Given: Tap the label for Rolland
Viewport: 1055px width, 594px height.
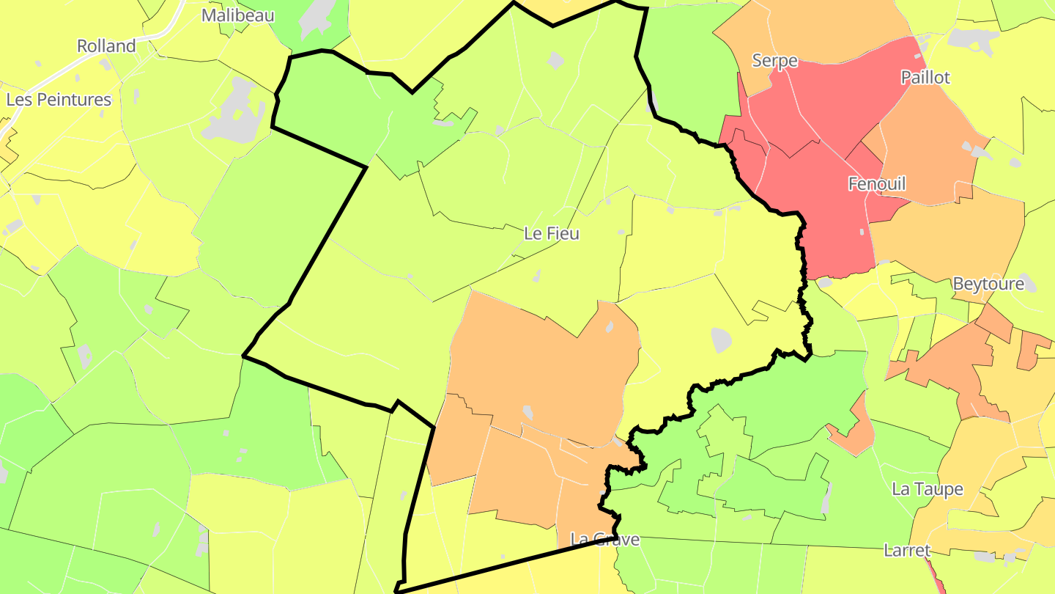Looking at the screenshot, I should coord(107,46).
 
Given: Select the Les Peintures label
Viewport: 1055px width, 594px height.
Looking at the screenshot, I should coord(59,100).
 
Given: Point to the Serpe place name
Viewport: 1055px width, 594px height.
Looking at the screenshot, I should coord(774,61).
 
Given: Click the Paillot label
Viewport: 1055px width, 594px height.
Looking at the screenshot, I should coord(925,78).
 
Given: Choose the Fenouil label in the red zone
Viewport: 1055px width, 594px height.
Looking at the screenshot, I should coord(876,183).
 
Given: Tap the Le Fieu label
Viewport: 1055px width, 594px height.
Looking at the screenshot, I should coord(552,234).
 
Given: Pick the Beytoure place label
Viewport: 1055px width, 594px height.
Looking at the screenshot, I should coord(988,284).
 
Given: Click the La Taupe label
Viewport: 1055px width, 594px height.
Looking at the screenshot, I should coord(927,489).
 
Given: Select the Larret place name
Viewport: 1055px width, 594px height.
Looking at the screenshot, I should coord(907,550).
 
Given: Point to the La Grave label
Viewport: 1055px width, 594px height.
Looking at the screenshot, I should coord(604,540).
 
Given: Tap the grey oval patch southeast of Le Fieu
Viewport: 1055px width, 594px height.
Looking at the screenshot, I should coord(722,340).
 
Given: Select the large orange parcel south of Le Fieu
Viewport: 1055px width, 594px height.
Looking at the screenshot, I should coord(542,367).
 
